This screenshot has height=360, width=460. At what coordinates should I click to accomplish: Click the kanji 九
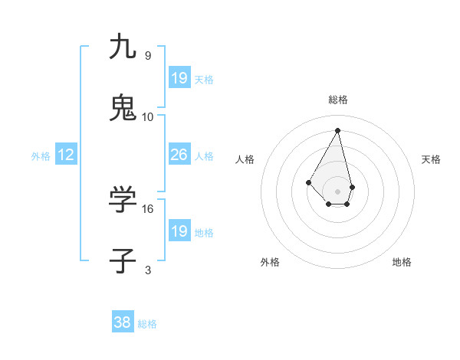123,47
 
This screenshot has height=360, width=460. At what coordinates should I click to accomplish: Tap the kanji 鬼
123,108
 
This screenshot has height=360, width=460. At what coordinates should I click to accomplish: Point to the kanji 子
123,260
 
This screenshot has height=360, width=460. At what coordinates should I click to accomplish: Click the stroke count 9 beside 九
148,56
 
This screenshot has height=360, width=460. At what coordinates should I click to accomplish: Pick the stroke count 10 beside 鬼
148,117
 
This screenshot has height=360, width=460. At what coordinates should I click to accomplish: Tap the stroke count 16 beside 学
148,208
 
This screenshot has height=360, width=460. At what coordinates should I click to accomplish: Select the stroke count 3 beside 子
148,270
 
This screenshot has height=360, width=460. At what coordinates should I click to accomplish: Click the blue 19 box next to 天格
179,78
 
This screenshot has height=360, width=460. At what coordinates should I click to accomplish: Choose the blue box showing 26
179,155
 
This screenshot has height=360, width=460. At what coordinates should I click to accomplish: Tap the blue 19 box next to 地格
179,231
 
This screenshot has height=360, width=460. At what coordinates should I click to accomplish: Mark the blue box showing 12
66,155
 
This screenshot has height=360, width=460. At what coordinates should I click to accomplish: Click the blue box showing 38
123,323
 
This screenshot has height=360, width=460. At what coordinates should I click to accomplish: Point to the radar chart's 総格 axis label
338,100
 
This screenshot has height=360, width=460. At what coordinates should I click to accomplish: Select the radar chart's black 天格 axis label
431,159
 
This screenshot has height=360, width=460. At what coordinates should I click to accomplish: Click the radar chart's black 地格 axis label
402,262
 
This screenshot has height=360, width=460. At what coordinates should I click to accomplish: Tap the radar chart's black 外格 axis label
270,262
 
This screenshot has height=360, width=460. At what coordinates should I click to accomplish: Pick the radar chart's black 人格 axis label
245,159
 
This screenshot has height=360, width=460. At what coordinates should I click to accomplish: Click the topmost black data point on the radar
338,130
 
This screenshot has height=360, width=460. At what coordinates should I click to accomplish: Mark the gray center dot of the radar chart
338,191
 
